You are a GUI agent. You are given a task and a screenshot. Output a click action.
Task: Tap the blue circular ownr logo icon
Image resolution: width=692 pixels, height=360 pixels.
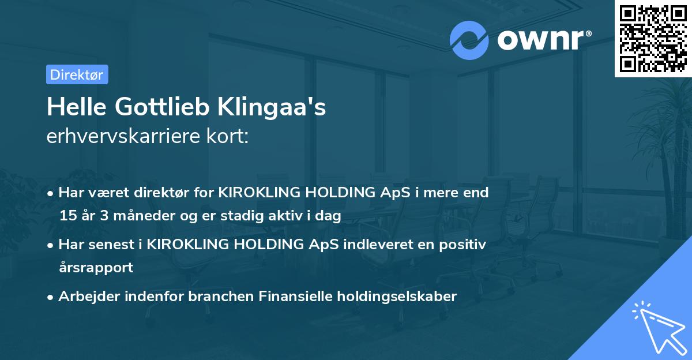tap(469, 40)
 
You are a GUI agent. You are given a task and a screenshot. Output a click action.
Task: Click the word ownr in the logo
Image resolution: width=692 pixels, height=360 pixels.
tap(543, 40)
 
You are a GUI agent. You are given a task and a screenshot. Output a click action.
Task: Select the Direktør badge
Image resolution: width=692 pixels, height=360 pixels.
tap(77, 74)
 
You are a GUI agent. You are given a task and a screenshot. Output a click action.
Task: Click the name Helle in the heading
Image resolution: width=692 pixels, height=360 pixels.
tap(76, 107)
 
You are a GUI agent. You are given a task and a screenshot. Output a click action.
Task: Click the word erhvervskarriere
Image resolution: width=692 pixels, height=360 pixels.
tap(122, 136)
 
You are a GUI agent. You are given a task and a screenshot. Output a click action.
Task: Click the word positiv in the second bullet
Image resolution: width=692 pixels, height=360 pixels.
tap(464, 244)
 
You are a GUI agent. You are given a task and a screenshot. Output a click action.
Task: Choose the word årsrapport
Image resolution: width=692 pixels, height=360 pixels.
tap(96, 267)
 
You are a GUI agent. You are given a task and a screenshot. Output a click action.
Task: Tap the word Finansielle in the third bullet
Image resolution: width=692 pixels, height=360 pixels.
tap(293, 297)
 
